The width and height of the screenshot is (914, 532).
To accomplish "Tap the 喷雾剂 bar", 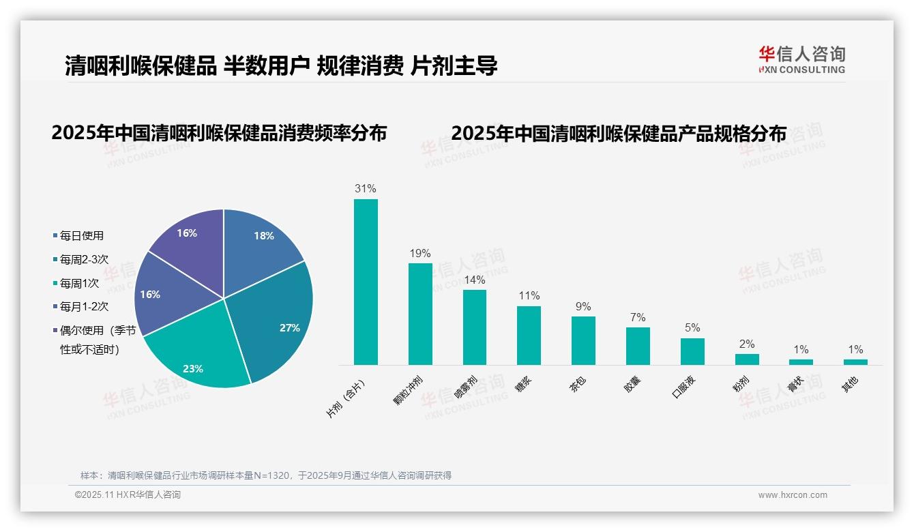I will click(475, 327).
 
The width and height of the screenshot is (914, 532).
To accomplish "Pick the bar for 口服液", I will click(692, 351).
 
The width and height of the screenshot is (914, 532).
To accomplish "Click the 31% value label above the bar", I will click(366, 189).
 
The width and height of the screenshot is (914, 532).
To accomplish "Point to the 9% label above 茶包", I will click(583, 307).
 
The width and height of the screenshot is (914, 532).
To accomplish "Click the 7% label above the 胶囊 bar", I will click(638, 318).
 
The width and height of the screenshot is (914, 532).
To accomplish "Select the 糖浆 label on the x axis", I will click(523, 385).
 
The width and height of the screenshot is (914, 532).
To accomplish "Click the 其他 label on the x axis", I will click(850, 385).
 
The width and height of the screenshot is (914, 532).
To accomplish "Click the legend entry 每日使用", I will click(81, 236).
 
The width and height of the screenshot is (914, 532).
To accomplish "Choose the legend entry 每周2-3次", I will click(84, 259).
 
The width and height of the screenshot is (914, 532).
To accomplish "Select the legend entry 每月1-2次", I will click(84, 306).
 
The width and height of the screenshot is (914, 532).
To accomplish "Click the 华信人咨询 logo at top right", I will click(801, 60).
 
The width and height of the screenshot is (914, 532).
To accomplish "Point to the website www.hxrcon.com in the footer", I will click(793, 495).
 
